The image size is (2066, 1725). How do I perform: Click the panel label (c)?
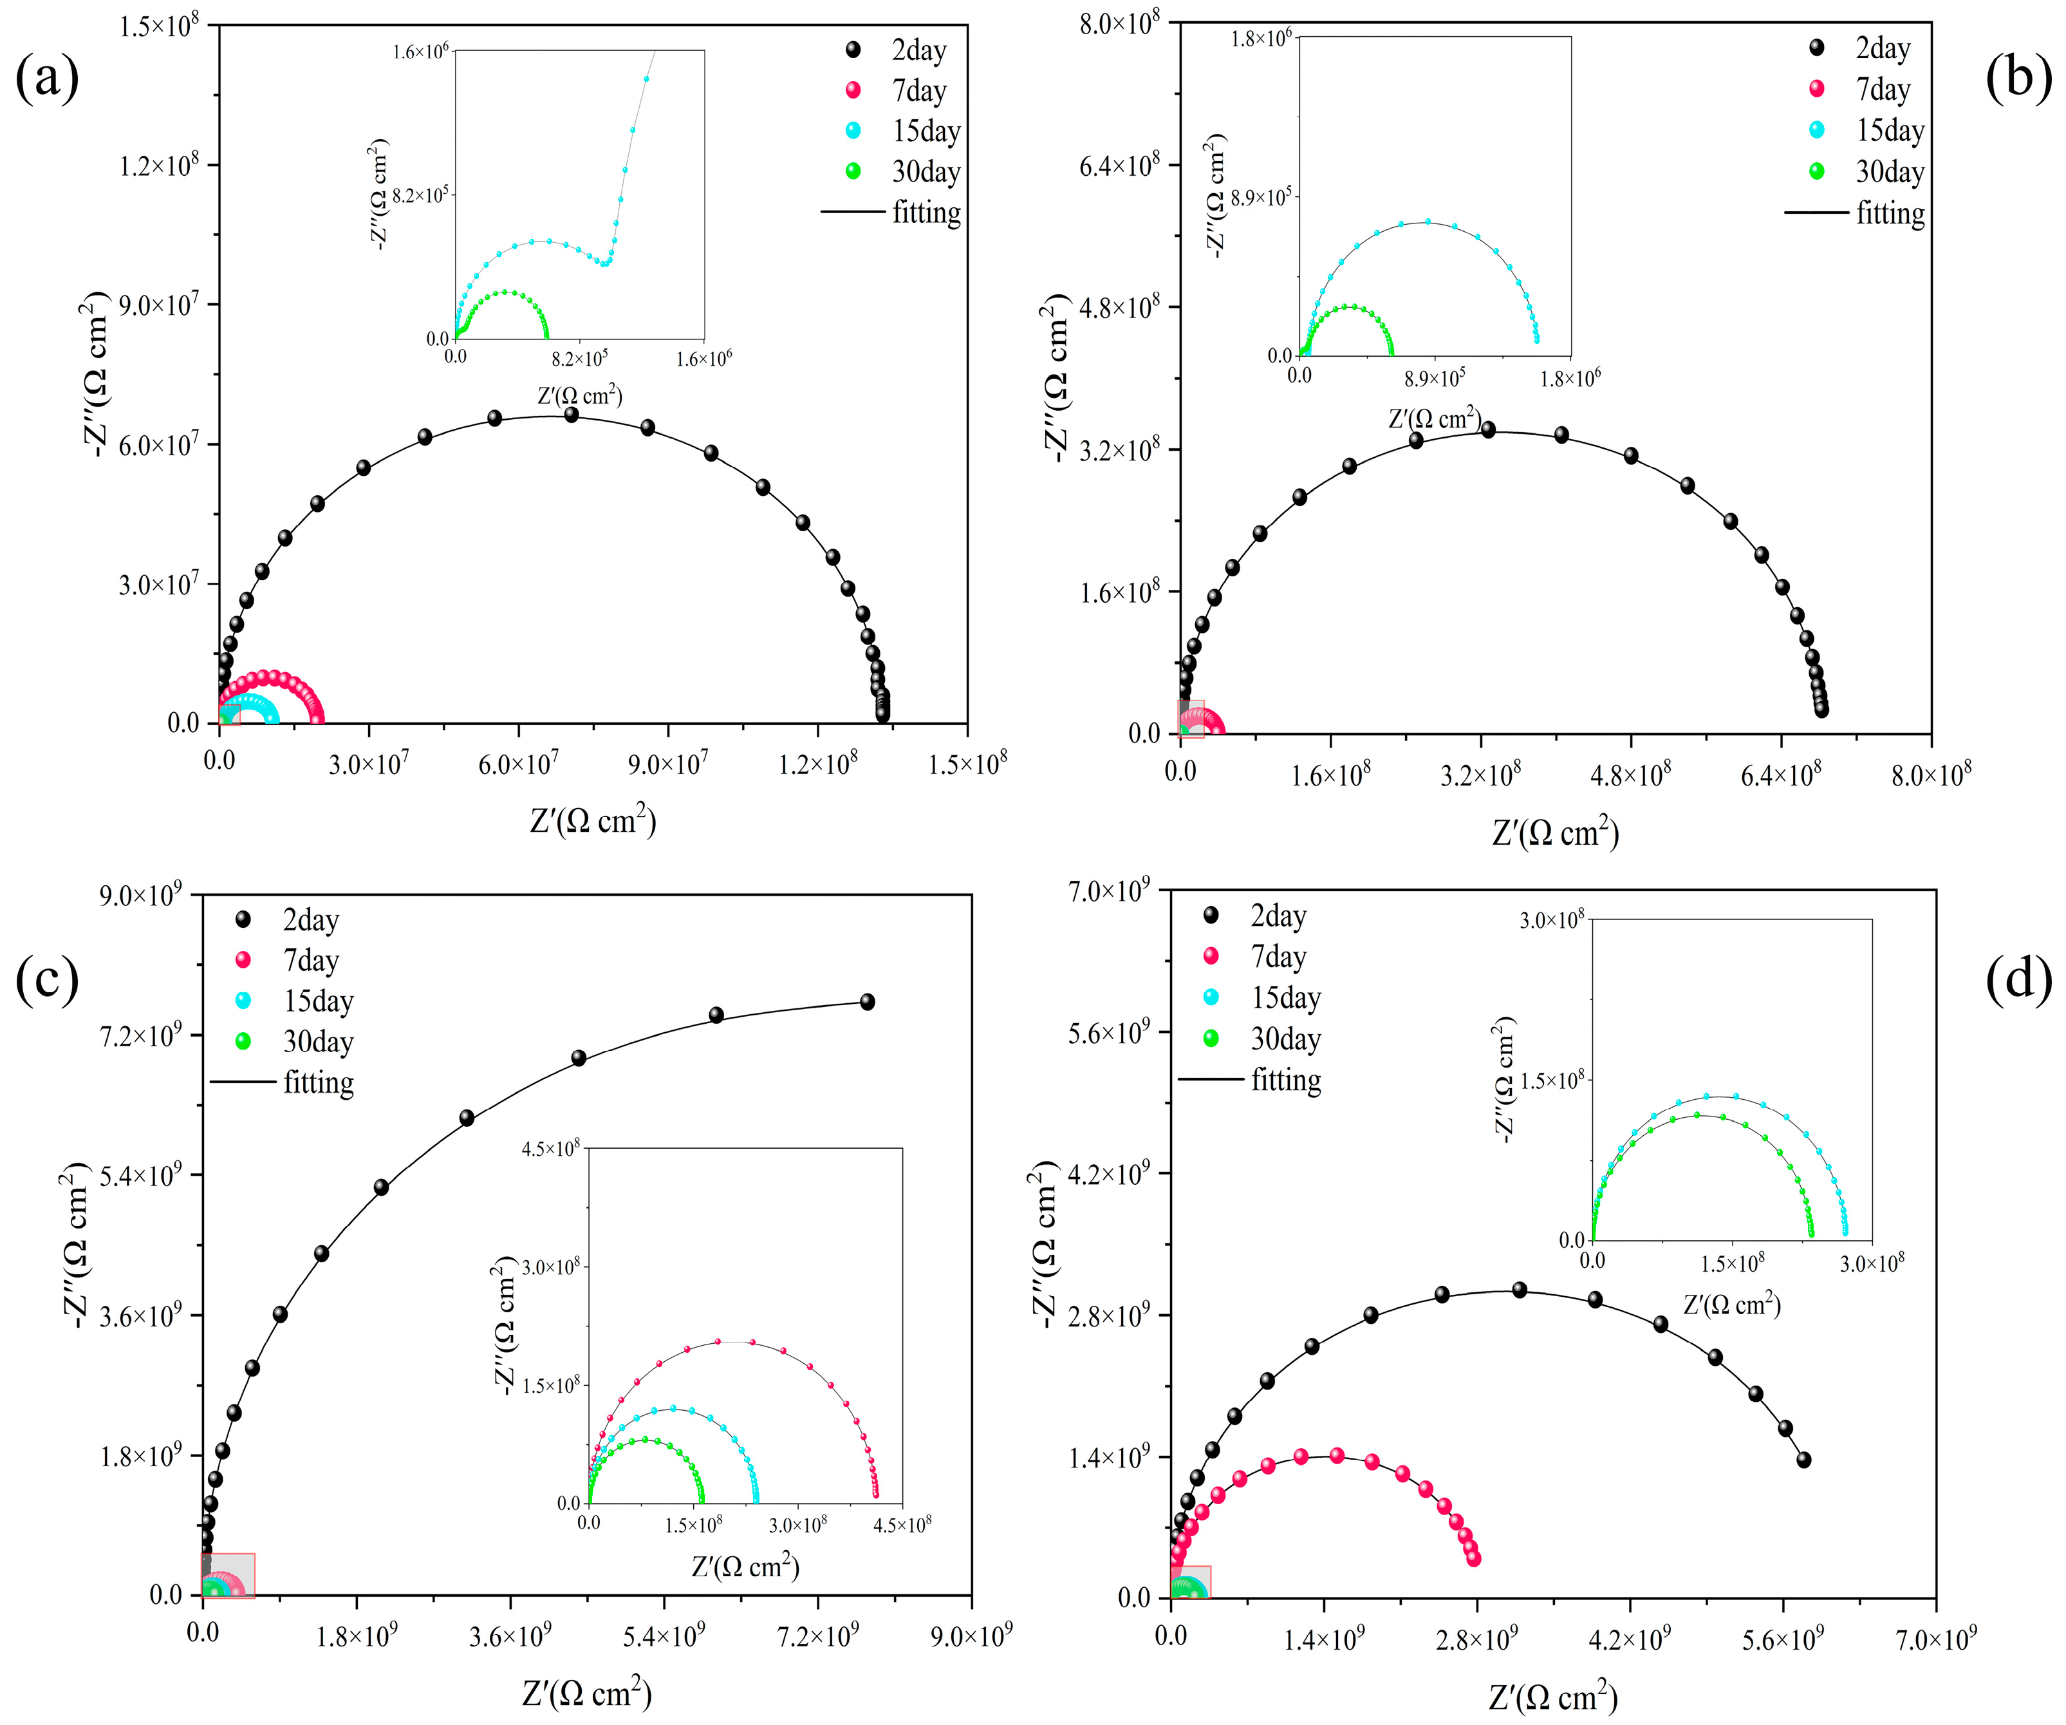(x=47, y=980)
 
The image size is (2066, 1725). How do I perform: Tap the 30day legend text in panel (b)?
(x=1890, y=172)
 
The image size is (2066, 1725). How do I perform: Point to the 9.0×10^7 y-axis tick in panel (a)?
(x=158, y=304)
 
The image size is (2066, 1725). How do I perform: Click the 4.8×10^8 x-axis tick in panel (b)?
(x=1630, y=775)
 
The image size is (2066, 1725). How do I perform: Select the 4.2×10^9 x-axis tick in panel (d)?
(x=1630, y=1639)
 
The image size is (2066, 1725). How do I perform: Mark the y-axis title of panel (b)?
(x=1055, y=379)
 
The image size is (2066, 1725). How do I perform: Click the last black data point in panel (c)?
(x=867, y=1002)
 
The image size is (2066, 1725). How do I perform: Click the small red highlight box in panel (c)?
(x=228, y=1574)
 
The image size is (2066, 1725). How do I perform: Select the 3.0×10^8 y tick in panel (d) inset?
(x=1552, y=920)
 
